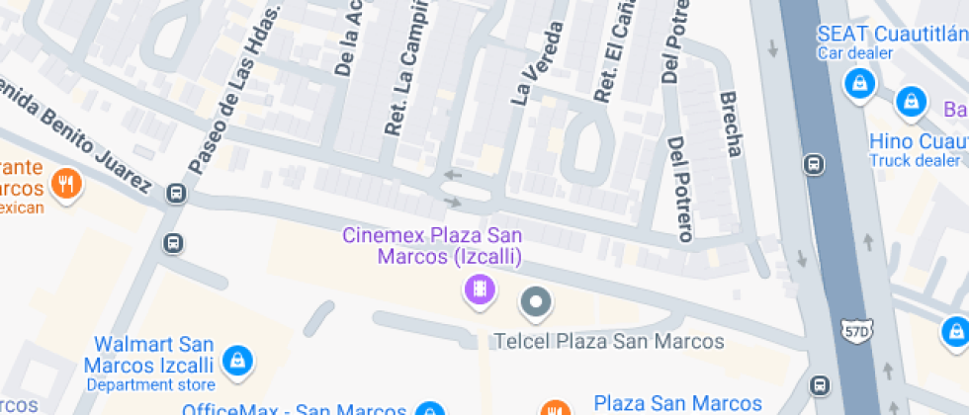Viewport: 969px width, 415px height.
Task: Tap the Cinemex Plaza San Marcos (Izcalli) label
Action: (x=432, y=246)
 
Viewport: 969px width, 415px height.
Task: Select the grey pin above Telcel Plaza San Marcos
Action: (x=536, y=302)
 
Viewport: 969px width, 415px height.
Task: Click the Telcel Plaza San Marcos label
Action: (x=608, y=342)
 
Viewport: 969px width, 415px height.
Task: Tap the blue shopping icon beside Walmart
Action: (x=235, y=359)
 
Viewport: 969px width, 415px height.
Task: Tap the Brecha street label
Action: (x=731, y=124)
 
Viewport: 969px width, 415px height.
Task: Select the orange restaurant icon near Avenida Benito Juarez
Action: (x=66, y=182)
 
